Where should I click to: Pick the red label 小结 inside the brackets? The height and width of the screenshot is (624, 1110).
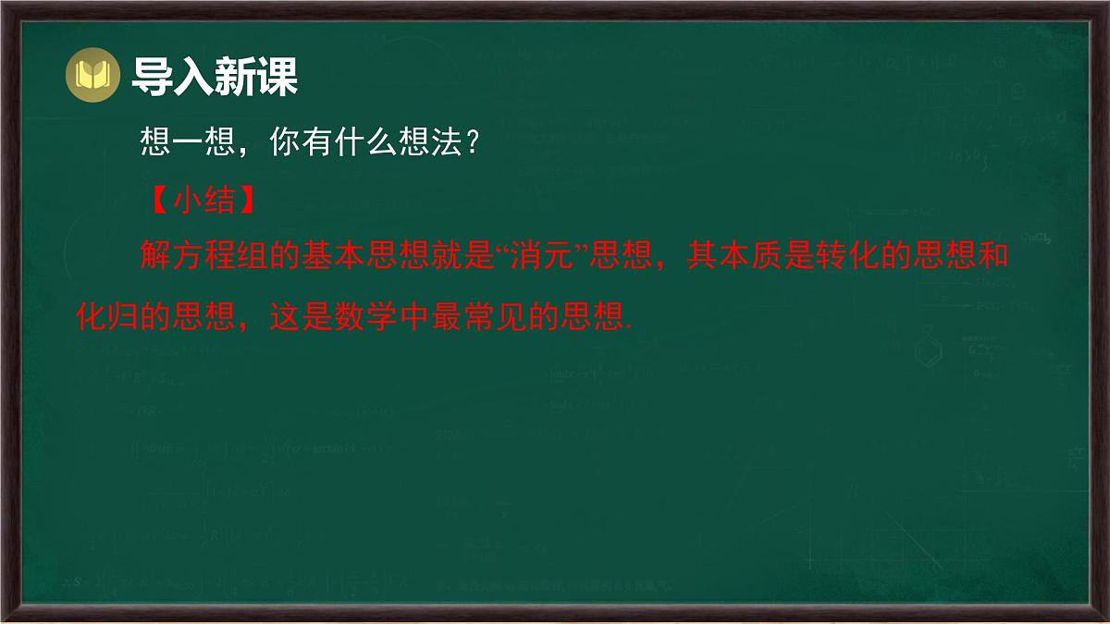coord(203,202)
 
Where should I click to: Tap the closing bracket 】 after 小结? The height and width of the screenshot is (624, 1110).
coord(244,202)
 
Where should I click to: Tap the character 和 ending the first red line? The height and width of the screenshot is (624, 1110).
coord(993,257)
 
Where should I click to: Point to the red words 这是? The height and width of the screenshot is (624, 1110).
coord(302,316)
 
